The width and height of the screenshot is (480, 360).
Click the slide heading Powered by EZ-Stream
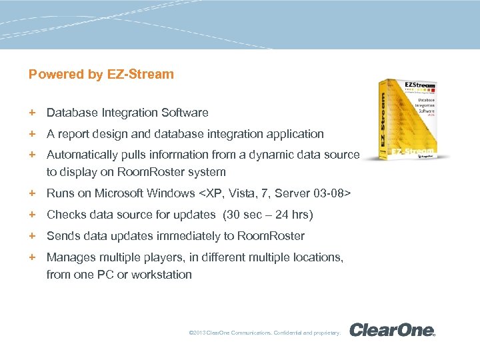101,75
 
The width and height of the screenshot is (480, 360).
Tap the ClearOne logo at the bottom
392,330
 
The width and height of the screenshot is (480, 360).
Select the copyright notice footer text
265,332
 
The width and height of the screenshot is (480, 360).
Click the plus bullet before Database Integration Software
31,113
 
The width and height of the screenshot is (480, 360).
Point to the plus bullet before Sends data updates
31,235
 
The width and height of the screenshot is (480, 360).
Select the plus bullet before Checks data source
31,215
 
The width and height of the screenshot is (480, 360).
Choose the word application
291,134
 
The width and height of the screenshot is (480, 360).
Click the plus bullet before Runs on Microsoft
31,193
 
